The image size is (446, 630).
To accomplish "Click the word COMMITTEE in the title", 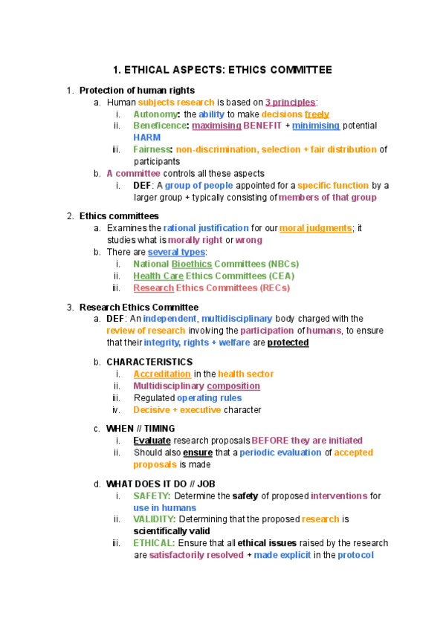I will tap(295, 71).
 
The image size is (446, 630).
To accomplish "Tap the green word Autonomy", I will tap(155, 114).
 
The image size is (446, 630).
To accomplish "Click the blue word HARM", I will tap(147, 138).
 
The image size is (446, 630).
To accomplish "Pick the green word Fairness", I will tap(152, 150).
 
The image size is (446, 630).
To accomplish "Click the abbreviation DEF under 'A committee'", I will tap(143, 186).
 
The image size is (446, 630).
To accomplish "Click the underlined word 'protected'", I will tap(288, 342).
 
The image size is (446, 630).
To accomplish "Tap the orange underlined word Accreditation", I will tap(162, 374).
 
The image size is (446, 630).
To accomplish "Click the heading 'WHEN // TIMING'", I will tap(140, 429).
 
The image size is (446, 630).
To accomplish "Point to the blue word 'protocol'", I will tap(355, 555).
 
